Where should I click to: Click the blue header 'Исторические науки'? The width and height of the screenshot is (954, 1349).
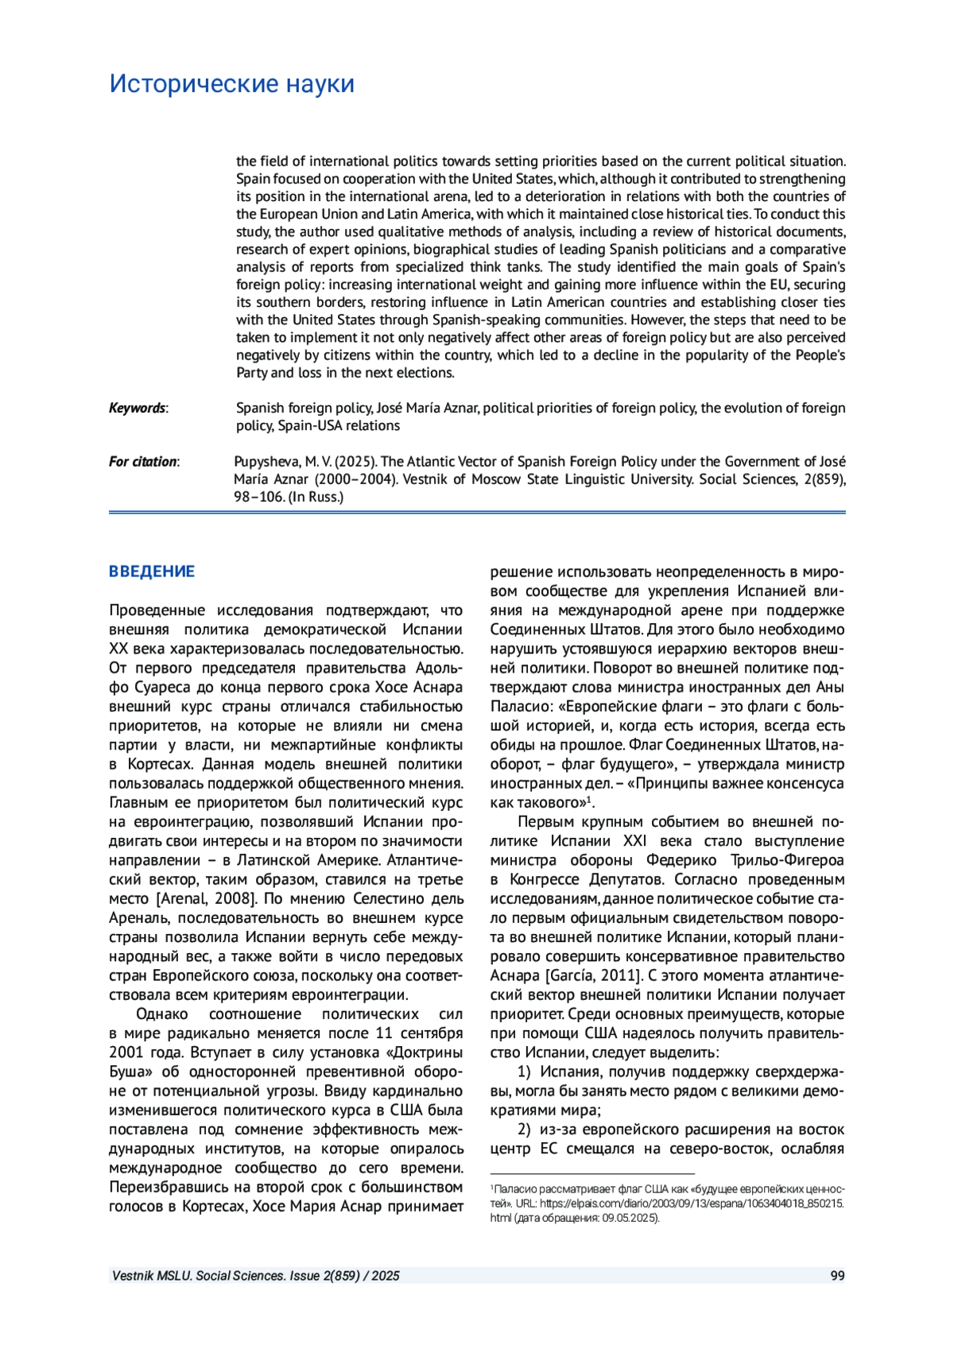coord(231,83)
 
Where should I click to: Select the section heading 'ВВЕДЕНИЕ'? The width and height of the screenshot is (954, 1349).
coord(152,572)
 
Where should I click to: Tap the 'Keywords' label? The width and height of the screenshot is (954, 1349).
coord(138,408)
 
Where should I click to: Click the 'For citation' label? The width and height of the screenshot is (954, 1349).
coord(143,461)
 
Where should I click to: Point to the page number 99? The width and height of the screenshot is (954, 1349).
coord(837,1276)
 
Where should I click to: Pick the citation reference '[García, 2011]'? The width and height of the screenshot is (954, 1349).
coord(593,975)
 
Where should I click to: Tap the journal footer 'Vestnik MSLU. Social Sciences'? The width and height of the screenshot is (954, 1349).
coord(199,1276)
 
